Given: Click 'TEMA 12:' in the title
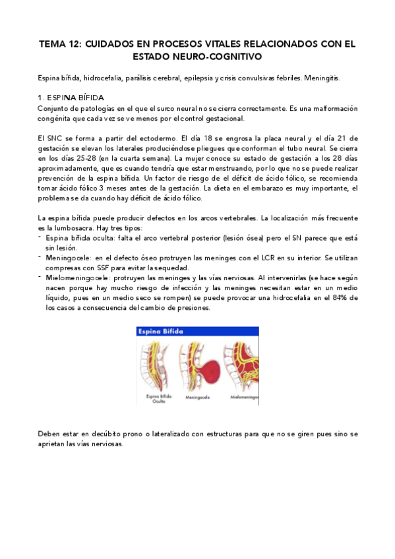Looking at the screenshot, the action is coord(61,44).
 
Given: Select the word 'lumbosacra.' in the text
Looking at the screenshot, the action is coord(69,227).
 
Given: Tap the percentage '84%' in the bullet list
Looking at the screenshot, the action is coord(335,298).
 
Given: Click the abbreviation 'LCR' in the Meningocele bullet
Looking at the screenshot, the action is coord(254,257).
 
